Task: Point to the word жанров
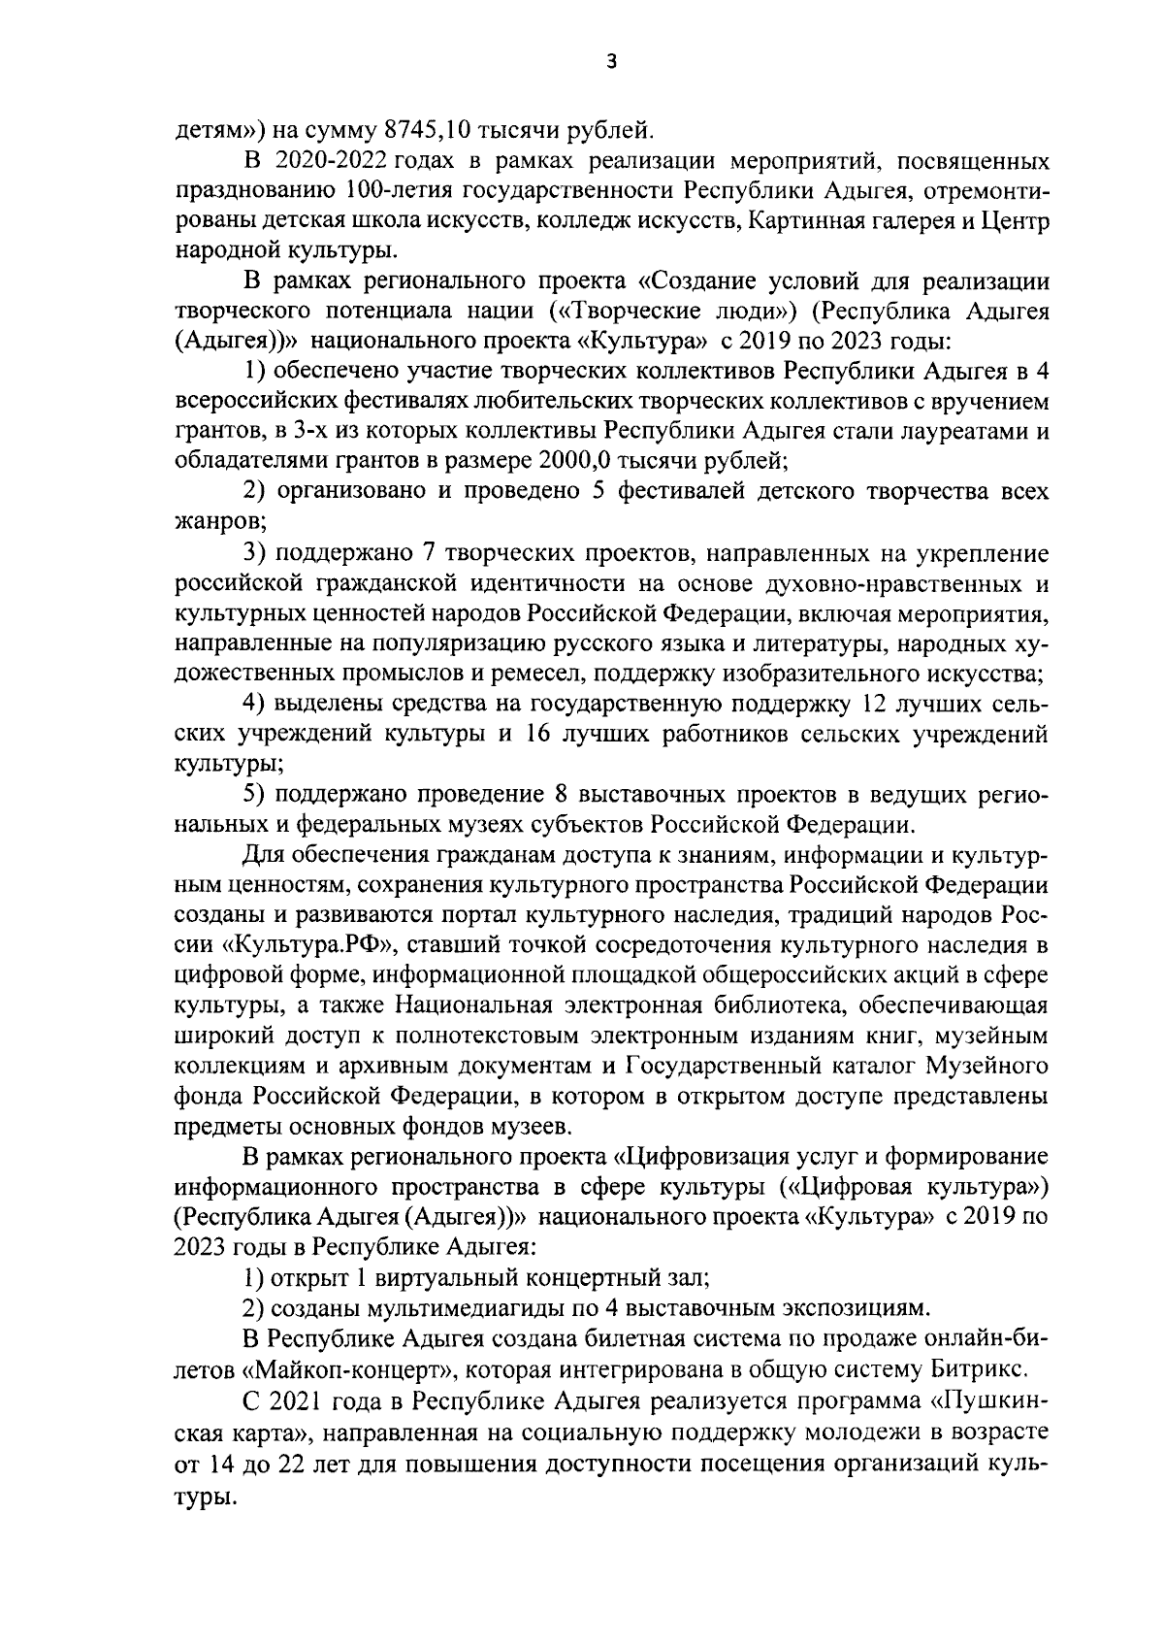tap(219, 521)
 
